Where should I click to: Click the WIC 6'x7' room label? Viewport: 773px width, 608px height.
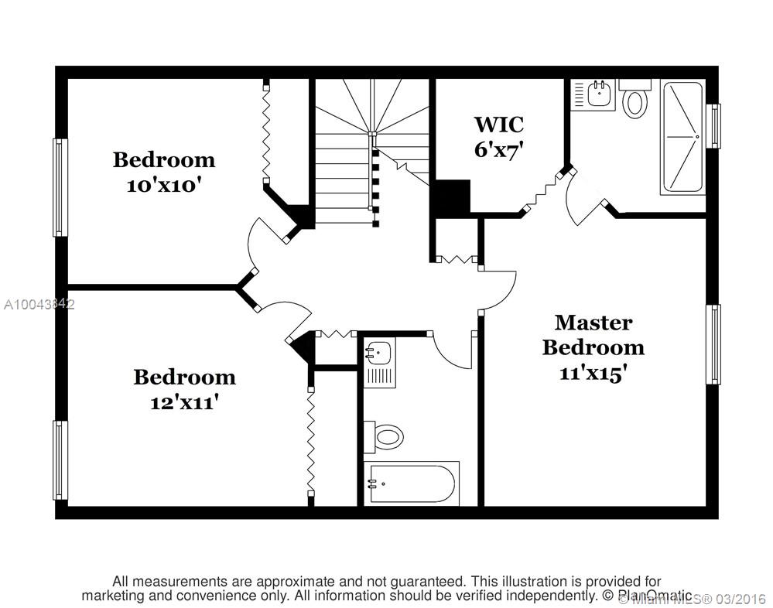498,136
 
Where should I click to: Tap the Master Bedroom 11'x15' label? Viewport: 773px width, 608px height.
593,347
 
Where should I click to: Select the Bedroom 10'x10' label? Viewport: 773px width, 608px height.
163,172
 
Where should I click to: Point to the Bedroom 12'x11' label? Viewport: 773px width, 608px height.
184,389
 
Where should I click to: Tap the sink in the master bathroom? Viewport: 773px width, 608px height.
598,95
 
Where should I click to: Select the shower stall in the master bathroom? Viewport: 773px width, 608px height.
682,137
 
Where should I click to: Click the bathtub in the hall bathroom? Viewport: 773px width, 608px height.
412,484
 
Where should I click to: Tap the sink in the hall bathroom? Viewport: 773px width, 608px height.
380,354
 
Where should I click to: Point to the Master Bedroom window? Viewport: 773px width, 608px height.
713,344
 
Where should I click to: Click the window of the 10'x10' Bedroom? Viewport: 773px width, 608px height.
60,187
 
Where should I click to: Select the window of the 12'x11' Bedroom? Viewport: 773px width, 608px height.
60,459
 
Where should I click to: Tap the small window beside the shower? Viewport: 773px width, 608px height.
714,125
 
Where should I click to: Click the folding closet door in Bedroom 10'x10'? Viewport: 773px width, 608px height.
266,132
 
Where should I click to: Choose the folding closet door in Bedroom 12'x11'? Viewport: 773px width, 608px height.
310,441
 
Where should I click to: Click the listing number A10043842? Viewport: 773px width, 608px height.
38,305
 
